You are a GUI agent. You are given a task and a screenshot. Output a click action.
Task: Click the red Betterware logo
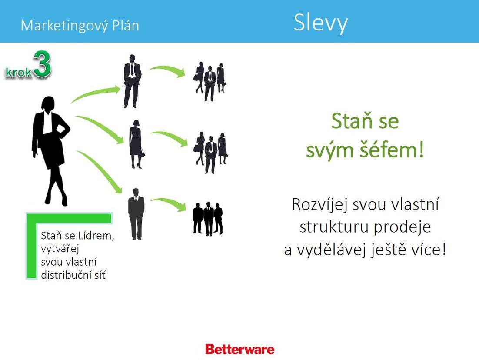239,349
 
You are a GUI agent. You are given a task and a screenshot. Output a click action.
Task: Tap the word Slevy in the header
320,23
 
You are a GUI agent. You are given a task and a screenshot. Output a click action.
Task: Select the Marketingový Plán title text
80,26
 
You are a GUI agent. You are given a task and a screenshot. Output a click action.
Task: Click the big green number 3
42,64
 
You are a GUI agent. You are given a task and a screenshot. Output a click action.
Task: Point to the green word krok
19,73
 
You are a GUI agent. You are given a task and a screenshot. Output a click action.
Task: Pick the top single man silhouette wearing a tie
132,81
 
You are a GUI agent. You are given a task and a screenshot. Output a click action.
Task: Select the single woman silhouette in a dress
136,144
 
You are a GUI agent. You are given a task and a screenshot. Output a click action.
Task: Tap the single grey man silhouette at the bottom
136,213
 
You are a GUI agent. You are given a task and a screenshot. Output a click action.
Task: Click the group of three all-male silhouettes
208,219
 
